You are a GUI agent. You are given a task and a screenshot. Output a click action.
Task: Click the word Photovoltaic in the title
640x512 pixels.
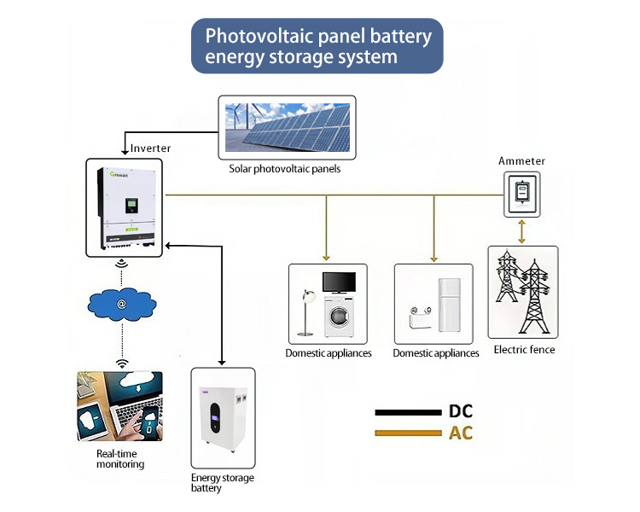point(259,36)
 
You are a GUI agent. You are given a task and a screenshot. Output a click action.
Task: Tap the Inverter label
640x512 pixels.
point(150,148)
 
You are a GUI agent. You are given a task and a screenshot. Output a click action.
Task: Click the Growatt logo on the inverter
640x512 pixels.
point(119,174)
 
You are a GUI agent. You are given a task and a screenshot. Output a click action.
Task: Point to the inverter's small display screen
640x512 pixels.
point(131,205)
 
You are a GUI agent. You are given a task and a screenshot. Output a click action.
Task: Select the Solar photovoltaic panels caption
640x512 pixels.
point(284,169)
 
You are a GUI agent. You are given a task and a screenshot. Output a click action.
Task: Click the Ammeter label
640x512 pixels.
point(521,161)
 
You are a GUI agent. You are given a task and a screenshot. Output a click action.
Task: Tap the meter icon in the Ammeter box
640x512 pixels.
point(521,193)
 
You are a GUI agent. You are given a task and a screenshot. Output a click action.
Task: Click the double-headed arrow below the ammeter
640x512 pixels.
point(521,232)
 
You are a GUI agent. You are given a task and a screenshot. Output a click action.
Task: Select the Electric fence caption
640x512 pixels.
point(524,350)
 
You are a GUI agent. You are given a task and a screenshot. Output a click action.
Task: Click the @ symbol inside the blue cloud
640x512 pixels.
point(122,304)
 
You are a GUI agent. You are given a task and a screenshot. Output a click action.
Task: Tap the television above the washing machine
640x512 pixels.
point(339,282)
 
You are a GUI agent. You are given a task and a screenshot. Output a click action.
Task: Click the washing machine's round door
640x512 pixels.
point(339,316)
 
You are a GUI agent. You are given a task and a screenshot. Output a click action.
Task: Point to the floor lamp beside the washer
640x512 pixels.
point(306,312)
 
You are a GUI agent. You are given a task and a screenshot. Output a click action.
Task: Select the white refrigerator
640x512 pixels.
point(450,305)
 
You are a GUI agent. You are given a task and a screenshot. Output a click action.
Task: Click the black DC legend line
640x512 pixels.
point(408,412)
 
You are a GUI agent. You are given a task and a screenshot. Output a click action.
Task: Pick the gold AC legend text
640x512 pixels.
point(461,433)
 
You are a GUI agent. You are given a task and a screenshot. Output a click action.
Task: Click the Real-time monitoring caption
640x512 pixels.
point(120,459)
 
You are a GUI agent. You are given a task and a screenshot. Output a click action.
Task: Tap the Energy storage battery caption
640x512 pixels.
point(223,483)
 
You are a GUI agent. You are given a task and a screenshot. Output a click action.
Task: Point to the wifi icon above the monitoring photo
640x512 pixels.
point(122,364)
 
